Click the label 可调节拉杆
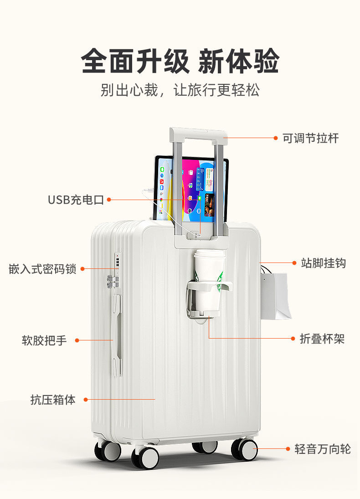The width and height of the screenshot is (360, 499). click(311, 138)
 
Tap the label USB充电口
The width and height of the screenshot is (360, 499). click(76, 200)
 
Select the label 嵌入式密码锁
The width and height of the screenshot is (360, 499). click(42, 269)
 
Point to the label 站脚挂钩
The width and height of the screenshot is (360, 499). click(323, 263)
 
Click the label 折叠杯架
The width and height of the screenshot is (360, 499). click(322, 339)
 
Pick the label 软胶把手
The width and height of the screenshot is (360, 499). click(44, 340)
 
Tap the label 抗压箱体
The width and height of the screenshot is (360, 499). click(53, 400)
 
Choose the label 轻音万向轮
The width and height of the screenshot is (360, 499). click(323, 449)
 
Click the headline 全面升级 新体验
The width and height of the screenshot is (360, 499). click(180, 61)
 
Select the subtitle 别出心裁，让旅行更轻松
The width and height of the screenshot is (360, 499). click(180, 90)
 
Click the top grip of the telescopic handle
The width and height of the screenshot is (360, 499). click(198, 134)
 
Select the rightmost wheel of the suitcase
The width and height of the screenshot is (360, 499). click(244, 449)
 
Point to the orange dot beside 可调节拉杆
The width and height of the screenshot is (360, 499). click(276, 138)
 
